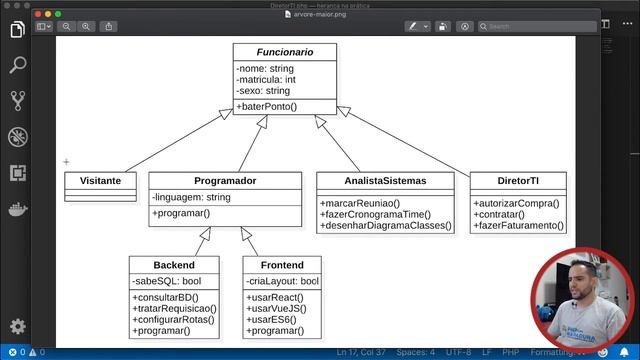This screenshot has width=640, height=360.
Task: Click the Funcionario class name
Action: (x=285, y=51)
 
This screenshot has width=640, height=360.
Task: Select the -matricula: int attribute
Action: (x=267, y=79)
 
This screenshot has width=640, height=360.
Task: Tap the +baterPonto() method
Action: (x=267, y=105)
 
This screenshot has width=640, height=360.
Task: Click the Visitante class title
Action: (x=100, y=181)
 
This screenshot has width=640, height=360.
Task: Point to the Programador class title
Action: (x=225, y=181)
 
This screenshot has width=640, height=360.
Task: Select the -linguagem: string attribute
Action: (x=191, y=197)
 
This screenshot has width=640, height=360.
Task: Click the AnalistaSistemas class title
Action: (x=385, y=181)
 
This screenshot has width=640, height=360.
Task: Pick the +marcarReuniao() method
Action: (x=358, y=204)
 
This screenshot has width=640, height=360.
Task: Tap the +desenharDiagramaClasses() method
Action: (x=385, y=226)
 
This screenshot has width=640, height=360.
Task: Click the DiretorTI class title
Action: (x=518, y=181)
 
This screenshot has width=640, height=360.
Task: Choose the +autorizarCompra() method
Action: (x=516, y=204)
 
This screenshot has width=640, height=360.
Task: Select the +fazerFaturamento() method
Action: (x=518, y=226)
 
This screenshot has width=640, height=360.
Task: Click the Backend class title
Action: (x=174, y=265)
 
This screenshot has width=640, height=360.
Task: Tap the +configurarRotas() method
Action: (x=172, y=319)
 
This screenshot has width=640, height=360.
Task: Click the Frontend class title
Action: (x=282, y=265)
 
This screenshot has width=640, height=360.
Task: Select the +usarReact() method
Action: (x=274, y=297)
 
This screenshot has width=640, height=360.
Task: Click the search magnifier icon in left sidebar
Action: (x=17, y=65)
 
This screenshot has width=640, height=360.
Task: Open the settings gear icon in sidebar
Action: (x=17, y=326)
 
